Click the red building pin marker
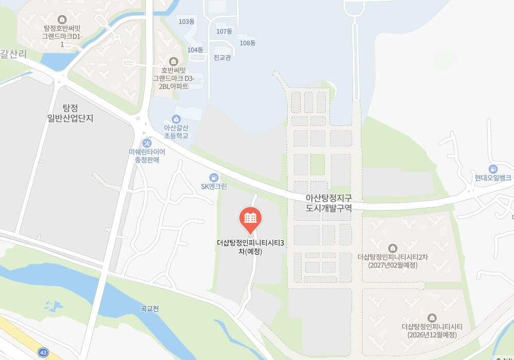(x=251, y=218)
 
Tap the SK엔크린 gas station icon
(x=213, y=177)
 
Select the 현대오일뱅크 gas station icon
(x=493, y=169)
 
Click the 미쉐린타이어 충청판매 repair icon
(x=147, y=143)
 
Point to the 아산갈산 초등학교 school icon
(x=176, y=119)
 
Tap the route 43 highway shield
(x=43, y=352)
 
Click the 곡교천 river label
(x=150, y=309)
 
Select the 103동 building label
(x=186, y=22)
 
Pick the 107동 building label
(x=224, y=31)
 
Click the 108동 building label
(x=247, y=43)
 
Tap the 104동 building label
(x=195, y=50)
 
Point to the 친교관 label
(x=222, y=57)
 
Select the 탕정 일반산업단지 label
(x=70, y=112)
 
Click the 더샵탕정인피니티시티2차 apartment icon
(x=392, y=248)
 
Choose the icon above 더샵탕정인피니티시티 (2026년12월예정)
(x=432, y=318)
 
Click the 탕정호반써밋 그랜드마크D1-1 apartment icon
(x=62, y=20)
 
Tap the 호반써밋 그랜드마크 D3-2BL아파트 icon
(x=173, y=61)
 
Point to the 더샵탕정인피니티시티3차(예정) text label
(x=251, y=247)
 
